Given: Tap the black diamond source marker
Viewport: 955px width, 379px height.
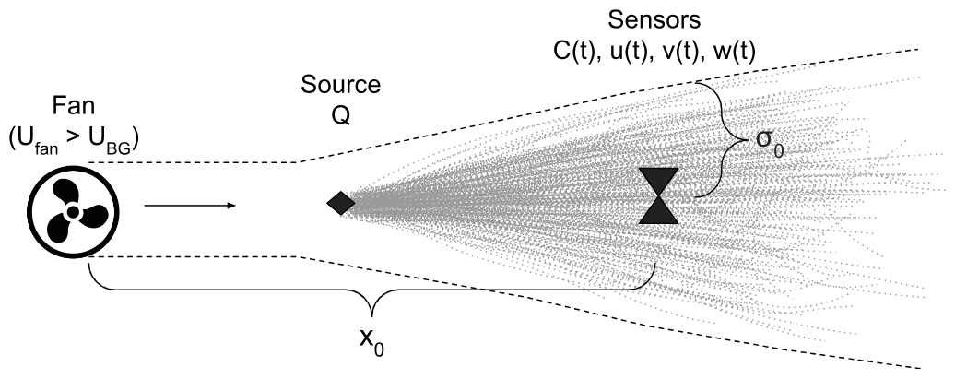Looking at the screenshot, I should (x=340, y=204).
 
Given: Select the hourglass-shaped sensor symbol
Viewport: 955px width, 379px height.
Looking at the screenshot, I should (x=658, y=195).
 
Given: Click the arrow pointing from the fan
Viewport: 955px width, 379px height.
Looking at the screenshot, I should (x=190, y=206).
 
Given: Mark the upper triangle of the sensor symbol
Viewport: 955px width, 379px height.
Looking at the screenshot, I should (x=658, y=181).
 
